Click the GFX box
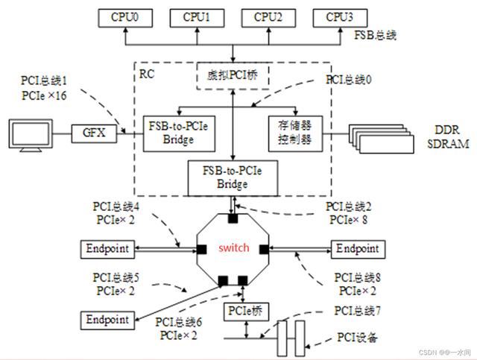(x=91, y=134)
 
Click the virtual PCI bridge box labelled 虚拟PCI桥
(x=233, y=75)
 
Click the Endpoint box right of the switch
(x=359, y=248)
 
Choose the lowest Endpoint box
(x=107, y=319)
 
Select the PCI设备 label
(x=356, y=338)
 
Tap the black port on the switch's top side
(x=233, y=218)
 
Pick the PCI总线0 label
(x=351, y=78)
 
